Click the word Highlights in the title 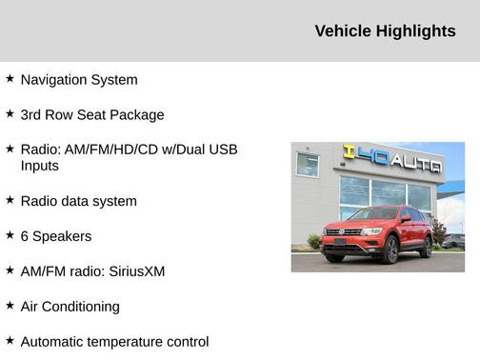[416, 31]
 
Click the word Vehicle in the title [344, 31]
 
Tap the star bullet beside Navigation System [10, 79]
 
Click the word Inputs [40, 166]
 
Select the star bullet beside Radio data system [10, 200]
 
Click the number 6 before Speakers [25, 236]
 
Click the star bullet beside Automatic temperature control [10, 340]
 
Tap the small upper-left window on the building [308, 164]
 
